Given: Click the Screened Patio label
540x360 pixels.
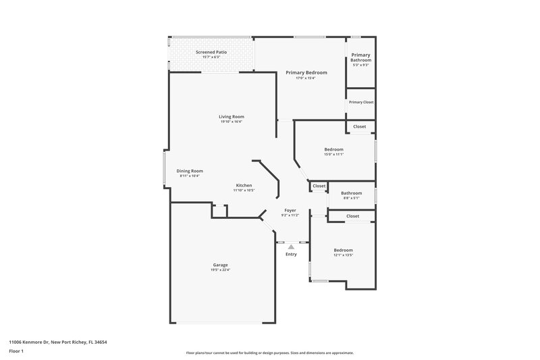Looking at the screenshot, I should coord(212,52).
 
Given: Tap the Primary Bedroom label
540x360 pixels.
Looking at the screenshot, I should coord(306,72).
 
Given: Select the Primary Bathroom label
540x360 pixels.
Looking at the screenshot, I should coord(360,57).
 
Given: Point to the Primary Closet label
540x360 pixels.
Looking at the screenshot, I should coord(360,102).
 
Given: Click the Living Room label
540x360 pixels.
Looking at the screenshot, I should coord(231,117).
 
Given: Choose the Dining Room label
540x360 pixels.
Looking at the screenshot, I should coord(190,171).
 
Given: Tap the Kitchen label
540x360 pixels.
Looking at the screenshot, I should coord(244,185).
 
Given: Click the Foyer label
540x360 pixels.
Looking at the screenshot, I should coord(290,211).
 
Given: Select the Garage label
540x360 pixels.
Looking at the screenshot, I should coord(220,265).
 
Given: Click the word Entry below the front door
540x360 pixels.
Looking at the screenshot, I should coord(291,255).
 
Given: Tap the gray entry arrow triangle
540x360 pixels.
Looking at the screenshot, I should coord(291,247).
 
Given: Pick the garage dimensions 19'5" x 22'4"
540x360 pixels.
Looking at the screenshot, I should coord(220,270).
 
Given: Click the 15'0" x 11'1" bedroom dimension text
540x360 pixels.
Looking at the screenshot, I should coord(333,155).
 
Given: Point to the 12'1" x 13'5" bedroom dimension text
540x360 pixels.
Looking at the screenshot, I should coord(343,255).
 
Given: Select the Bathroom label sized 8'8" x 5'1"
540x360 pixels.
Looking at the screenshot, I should coord(351,193).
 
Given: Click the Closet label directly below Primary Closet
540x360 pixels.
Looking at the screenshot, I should coord(360,126).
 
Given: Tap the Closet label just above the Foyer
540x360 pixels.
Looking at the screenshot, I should coord(319,186).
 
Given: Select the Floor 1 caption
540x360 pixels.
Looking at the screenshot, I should coord(17,352).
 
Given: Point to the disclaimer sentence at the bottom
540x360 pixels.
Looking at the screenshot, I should coord(269,353).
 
